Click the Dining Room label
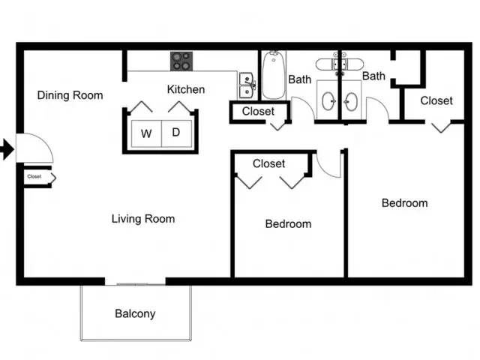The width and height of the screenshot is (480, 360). click(70, 95)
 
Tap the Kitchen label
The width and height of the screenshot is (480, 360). click(186, 89)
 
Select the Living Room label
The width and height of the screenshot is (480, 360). click(143, 219)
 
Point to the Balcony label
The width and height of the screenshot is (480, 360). click(135, 313)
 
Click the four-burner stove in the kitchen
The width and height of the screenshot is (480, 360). click(181, 61)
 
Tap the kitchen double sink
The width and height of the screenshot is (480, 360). click(247, 85)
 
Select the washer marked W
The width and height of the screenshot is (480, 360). click(146, 133)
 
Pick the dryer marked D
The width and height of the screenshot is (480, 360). click(176, 133)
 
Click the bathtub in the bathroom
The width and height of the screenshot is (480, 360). click(274, 75)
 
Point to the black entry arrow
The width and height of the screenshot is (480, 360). click(7, 149)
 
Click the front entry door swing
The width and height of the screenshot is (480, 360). click(34, 148)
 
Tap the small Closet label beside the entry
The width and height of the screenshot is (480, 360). click(34, 176)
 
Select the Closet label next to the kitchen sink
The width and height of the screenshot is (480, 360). click(258, 111)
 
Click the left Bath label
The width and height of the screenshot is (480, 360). click(300, 79)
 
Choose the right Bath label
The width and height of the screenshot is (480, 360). click(373, 76)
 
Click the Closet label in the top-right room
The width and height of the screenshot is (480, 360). click(436, 100)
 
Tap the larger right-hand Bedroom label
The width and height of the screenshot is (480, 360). click(405, 203)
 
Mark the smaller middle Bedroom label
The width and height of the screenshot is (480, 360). click(288, 223)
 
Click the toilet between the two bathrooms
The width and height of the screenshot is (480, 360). click(340, 64)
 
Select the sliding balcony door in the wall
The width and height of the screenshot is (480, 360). click(135, 284)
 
